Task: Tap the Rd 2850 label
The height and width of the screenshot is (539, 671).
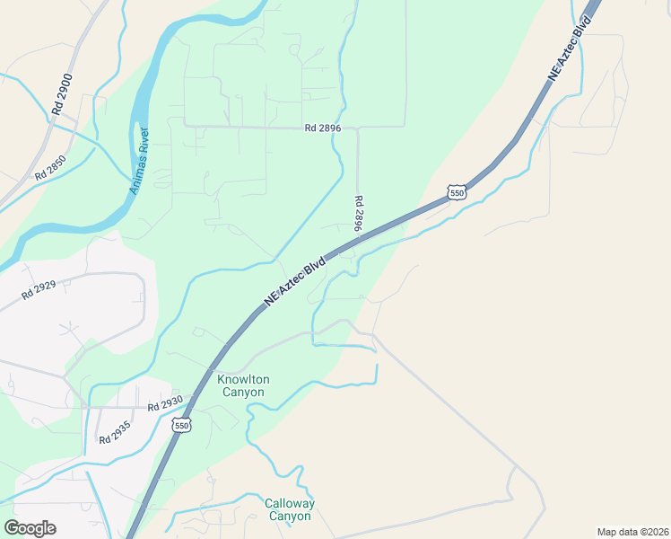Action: [50, 169]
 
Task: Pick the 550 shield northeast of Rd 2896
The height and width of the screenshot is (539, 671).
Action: [457, 193]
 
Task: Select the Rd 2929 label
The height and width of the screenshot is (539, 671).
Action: [39, 289]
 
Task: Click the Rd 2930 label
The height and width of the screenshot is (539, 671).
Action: [165, 403]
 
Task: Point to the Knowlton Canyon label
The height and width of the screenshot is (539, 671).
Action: [242, 385]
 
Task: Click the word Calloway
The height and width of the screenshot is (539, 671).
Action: [289, 503]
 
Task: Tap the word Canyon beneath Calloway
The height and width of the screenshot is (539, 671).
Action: [289, 517]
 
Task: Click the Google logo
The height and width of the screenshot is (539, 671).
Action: [30, 527]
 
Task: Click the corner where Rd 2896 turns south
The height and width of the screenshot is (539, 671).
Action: [357, 128]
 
